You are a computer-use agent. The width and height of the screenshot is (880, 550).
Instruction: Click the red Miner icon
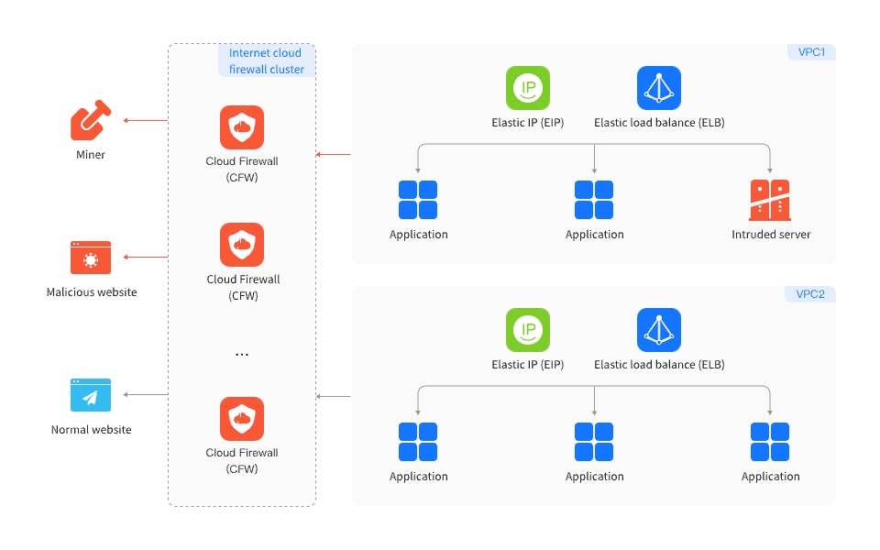[90, 121]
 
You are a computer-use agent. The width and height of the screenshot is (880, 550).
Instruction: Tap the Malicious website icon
[91, 258]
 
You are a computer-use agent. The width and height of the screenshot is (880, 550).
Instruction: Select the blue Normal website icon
[91, 395]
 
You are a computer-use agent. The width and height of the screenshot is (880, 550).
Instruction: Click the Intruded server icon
[770, 200]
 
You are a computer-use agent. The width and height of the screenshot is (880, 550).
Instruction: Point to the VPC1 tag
[810, 52]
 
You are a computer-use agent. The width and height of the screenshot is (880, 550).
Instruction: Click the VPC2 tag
[810, 294]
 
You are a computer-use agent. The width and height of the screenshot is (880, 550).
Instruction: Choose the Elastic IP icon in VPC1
[528, 88]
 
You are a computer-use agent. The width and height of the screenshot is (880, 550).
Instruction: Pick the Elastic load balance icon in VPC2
[659, 330]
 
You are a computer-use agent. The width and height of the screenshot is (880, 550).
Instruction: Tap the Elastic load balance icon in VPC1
[659, 88]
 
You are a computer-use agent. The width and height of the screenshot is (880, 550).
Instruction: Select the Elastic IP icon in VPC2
[528, 330]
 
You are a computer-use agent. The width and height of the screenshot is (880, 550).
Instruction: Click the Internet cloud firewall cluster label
[266, 61]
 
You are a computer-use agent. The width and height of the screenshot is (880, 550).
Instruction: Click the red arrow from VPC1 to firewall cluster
[333, 154]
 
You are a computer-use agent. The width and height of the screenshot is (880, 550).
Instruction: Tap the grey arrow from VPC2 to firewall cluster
[333, 396]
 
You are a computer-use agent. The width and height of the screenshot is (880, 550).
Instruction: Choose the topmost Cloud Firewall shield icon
[242, 127]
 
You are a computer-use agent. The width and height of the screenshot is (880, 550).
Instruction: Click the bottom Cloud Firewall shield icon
[242, 419]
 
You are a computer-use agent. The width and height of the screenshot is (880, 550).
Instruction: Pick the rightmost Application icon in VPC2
[770, 442]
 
